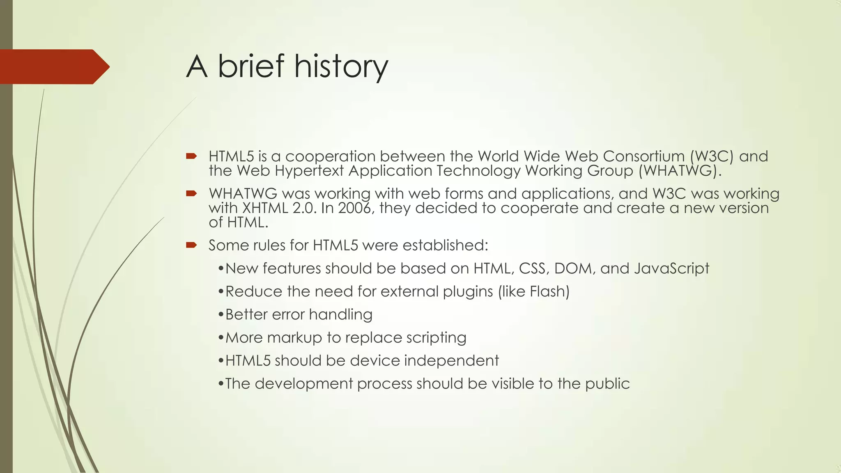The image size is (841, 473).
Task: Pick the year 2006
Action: pyautogui.click(x=354, y=208)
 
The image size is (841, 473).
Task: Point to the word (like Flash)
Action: pyautogui.click(x=534, y=292)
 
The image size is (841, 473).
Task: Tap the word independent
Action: pyautogui.click(x=451, y=360)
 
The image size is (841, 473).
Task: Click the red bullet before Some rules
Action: pyautogui.click(x=191, y=245)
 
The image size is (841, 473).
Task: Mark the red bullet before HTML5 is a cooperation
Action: pyautogui.click(x=191, y=156)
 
